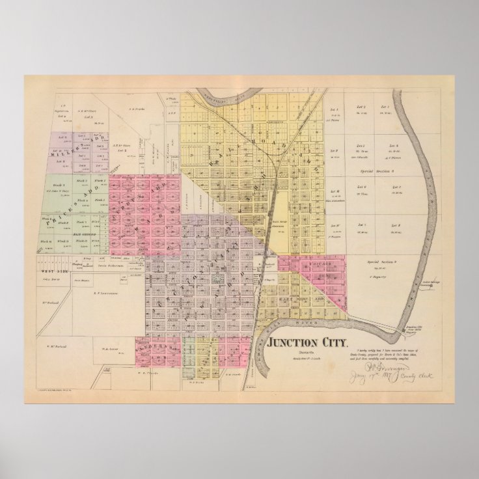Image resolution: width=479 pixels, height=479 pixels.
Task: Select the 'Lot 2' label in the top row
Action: pyautogui.click(x=359, y=106)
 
